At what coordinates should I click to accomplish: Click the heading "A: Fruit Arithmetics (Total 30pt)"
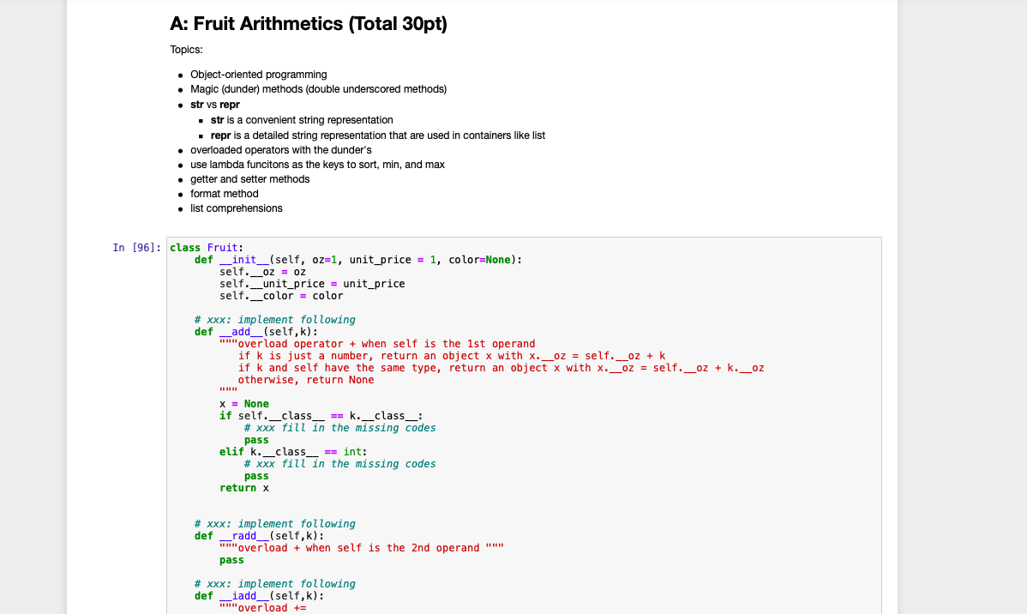[x=309, y=24]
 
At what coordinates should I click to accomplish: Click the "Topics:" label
[x=186, y=50]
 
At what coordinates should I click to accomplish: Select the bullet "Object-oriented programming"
[x=258, y=75]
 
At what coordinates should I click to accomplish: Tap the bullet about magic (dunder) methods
[x=318, y=89]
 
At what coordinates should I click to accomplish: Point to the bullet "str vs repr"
[x=214, y=105]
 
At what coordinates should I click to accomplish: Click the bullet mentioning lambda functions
[x=317, y=165]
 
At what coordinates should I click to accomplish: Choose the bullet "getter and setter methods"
[x=249, y=179]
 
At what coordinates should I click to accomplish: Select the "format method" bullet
[x=224, y=194]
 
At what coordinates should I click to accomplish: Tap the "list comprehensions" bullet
[x=236, y=208]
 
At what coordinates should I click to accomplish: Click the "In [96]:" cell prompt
[x=136, y=248]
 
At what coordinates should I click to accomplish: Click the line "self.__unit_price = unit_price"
[x=312, y=284]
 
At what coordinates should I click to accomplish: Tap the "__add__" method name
[x=241, y=332]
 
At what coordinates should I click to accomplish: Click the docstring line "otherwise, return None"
[x=306, y=380]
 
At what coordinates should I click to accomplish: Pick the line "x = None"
[x=244, y=404]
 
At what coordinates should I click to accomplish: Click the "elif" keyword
[x=231, y=452]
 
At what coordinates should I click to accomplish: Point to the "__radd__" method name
[x=244, y=536]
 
